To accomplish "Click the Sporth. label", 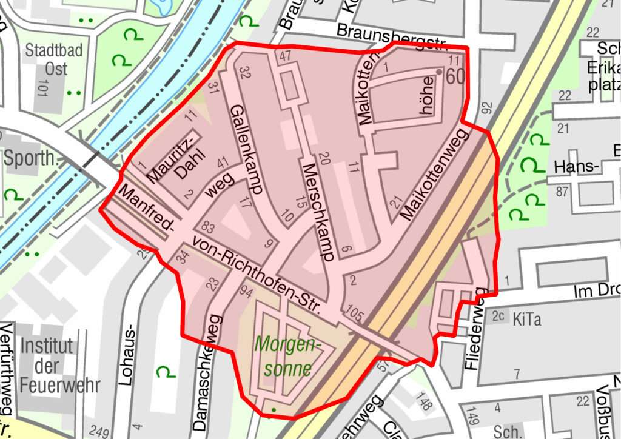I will click(30, 159).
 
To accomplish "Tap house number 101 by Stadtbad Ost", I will click(42, 87).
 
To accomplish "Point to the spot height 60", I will click(455, 77).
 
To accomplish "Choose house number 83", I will click(209, 227).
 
